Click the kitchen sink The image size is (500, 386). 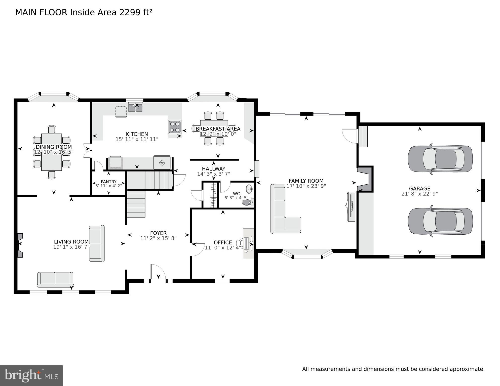click(x=136, y=108)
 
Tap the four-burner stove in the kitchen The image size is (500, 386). click(x=175, y=127)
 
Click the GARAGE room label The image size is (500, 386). click(x=419, y=188)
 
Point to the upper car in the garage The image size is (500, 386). click(x=440, y=159)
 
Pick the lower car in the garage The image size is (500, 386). click(x=440, y=221)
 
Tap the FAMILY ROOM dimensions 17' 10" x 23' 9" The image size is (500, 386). click(x=306, y=186)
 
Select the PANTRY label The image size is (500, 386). click(x=108, y=182)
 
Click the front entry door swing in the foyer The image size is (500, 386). click(x=158, y=272)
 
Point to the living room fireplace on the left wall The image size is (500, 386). click(x=20, y=245)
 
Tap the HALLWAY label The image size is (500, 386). click(x=214, y=169)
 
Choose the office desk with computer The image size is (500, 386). click(x=248, y=243)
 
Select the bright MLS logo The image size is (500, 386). click(x=31, y=375)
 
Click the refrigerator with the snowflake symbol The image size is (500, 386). click(x=162, y=163)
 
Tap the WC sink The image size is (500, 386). click(x=249, y=188)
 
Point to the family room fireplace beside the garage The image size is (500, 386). click(x=365, y=179)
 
